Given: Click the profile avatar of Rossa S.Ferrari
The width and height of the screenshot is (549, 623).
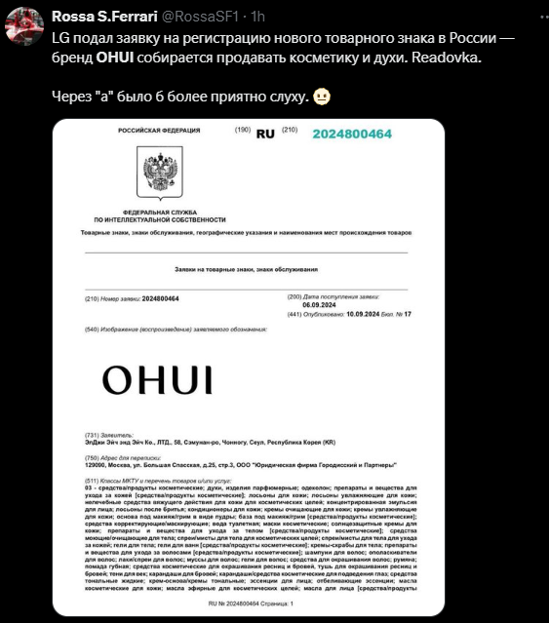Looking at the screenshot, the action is pos(24,26).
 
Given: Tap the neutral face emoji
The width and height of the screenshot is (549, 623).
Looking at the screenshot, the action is pos(322,97).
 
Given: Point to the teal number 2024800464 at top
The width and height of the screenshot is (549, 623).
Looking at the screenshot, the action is pos(352,132).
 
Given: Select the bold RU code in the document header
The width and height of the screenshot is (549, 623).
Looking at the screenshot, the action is pos(264,133).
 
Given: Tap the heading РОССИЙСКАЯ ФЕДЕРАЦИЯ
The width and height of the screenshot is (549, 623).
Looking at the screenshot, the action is pos(152,130).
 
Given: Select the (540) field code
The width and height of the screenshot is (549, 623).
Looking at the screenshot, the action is pos(92,330).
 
